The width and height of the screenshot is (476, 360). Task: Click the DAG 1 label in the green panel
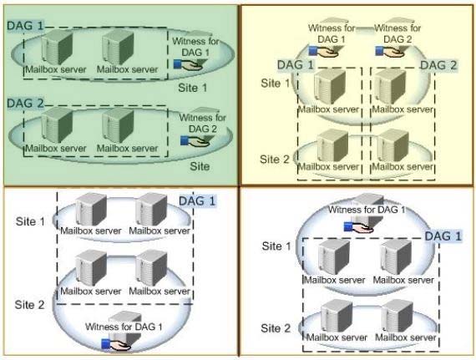26,26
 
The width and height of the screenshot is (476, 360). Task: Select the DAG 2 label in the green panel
26,104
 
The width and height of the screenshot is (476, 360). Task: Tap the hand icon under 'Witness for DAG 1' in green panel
188,64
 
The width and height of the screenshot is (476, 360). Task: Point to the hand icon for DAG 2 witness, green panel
195,141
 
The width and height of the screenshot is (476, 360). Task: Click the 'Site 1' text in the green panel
192,88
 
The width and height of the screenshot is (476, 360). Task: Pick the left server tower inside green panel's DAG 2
57,124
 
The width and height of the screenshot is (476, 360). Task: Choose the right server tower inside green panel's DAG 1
118,47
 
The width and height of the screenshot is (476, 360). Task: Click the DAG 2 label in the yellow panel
438,65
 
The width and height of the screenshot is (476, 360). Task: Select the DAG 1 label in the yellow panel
296,65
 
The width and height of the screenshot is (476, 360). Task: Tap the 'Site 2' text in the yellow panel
275,160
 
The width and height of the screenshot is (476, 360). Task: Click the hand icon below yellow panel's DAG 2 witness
390,52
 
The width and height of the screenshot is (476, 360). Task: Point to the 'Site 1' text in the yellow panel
276,84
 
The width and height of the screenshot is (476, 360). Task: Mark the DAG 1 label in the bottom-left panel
197,201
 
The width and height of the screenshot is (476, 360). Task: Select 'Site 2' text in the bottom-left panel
30,305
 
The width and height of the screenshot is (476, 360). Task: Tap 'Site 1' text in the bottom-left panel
30,221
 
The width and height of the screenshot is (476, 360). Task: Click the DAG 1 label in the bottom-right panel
443,236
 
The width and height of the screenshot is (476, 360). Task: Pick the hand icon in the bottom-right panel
358,227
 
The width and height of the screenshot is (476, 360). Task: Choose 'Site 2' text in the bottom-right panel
276,328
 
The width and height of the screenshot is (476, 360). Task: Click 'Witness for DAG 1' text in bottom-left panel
124,327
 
